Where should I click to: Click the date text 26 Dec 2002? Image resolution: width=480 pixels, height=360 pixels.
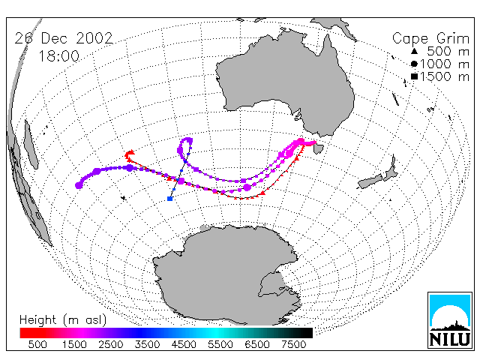64,38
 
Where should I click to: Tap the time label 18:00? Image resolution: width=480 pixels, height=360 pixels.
58,56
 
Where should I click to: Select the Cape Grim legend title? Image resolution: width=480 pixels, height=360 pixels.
430,39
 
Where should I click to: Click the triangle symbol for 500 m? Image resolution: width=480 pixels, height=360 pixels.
414,51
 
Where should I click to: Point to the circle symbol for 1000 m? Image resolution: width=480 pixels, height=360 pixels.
414,64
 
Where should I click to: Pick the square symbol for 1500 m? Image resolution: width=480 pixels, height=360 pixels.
414,76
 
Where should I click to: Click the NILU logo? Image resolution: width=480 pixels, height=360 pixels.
450,320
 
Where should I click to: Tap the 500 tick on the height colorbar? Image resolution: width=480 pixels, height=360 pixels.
37,345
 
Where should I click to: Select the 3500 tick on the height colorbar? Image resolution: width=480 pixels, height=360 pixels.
147,345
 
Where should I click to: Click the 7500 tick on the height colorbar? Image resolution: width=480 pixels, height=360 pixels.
293,345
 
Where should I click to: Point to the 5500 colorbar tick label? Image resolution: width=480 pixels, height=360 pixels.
220,345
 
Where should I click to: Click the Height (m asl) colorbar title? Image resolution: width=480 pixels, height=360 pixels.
63,320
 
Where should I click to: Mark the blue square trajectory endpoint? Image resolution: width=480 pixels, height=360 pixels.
170,199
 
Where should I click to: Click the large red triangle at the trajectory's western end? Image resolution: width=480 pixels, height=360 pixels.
130,152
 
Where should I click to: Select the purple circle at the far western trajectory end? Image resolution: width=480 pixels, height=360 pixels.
79,185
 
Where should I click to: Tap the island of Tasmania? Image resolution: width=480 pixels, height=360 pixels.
318,148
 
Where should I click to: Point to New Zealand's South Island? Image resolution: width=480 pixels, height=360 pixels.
371,181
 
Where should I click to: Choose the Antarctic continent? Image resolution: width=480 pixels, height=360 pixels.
226,275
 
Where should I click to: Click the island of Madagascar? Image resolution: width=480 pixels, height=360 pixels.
31,144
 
